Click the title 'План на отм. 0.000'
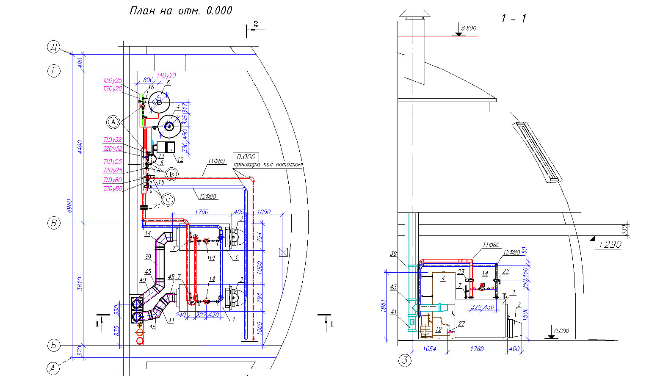pyautogui.click(x=181, y=11)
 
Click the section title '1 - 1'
pyautogui.click(x=514, y=19)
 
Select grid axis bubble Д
pyautogui.click(x=53, y=47)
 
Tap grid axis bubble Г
pyautogui.click(x=53, y=71)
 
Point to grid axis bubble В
pyautogui.click(x=54, y=223)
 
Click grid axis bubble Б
pyautogui.click(x=53, y=346)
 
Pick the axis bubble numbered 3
pyautogui.click(x=405, y=361)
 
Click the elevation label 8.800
pyautogui.click(x=469, y=28)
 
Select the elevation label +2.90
pyautogui.click(x=609, y=245)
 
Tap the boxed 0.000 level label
pyautogui.click(x=246, y=157)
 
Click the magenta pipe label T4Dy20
pyautogui.click(x=166, y=75)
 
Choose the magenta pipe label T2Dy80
pyautogui.click(x=113, y=189)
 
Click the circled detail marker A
pyautogui.click(x=113, y=122)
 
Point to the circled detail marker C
pyautogui.click(x=168, y=199)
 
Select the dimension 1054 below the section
pyautogui.click(x=430, y=349)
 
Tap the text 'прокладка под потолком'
pyautogui.click(x=268, y=164)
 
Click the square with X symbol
pyautogui.click(x=283, y=252)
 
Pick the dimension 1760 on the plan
pyautogui.click(x=201, y=212)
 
